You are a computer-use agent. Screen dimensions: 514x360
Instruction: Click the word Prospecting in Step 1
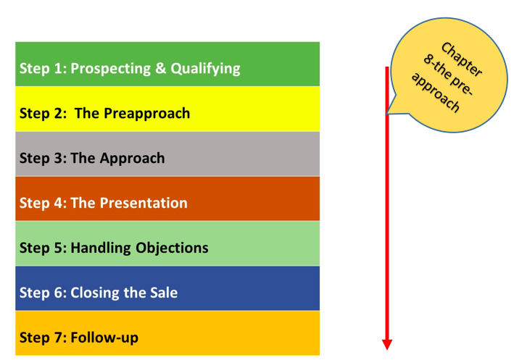(110, 69)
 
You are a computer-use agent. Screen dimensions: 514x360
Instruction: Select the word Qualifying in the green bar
(206, 69)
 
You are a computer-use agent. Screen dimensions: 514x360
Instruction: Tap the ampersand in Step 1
(161, 68)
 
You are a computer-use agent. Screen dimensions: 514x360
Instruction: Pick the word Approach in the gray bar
(133, 159)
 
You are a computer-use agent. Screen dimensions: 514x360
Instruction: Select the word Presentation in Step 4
(144, 203)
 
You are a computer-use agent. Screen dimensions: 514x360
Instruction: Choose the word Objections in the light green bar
(172, 248)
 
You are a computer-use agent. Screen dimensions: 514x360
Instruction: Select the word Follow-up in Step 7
(104, 338)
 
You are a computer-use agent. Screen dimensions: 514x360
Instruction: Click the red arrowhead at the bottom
(387, 345)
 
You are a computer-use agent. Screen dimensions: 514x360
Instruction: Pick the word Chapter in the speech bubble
(462, 59)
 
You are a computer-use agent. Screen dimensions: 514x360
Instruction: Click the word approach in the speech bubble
(435, 92)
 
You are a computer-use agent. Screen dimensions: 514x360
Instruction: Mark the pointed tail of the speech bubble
(387, 114)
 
